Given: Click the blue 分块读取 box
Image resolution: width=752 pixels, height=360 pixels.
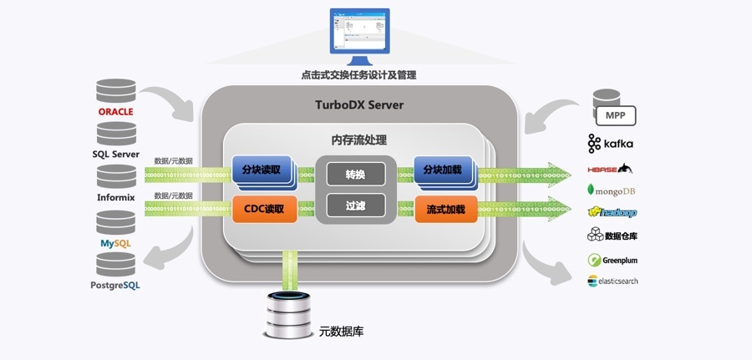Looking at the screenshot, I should tap(261, 170).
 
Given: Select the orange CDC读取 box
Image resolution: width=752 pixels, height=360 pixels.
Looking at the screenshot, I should tap(264, 209).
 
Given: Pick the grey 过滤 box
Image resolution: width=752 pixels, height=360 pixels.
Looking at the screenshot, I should tap(355, 205).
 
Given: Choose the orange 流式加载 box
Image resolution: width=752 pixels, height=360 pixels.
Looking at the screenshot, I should tap(445, 209).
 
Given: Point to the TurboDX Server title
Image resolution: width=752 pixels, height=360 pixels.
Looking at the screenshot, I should tap(358, 105).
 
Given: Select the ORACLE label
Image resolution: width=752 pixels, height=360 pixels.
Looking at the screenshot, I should tap(116, 112).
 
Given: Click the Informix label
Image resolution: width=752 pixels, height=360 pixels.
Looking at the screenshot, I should tap(116, 198).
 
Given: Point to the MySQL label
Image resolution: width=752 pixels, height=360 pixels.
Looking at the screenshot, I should tap(116, 242).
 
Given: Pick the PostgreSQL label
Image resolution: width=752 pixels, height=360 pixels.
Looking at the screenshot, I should tap(115, 285).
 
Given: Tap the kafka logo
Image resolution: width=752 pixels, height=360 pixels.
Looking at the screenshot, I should tap(611, 143).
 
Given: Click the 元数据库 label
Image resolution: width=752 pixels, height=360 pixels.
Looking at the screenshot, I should tap(341, 332).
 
